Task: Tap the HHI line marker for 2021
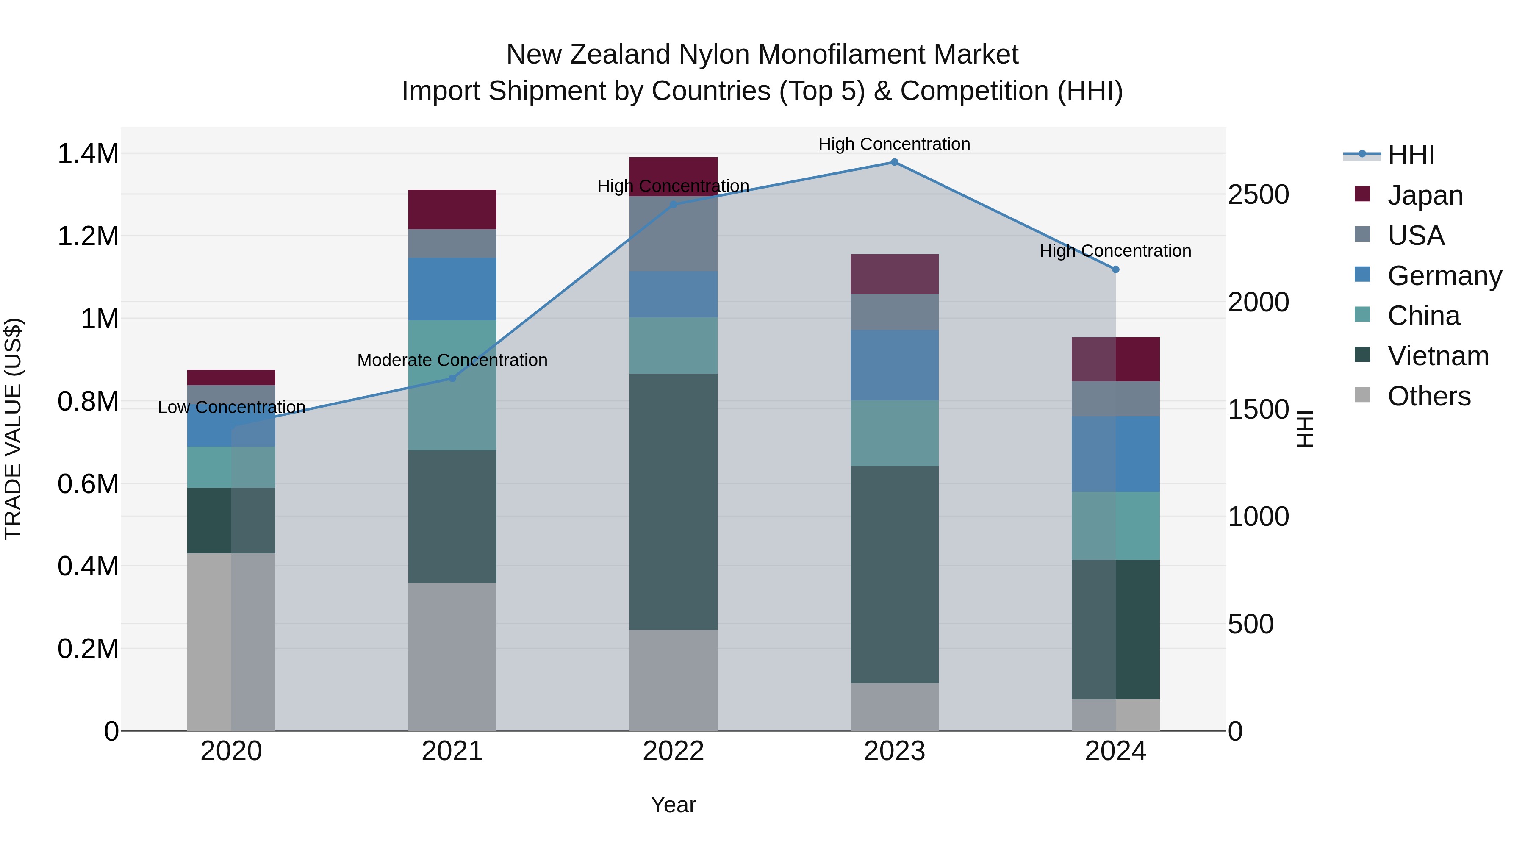[x=452, y=378]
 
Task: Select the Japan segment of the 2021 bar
[x=452, y=210]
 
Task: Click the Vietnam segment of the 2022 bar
[x=673, y=502]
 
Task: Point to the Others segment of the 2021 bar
[x=452, y=657]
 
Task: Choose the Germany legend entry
[x=1444, y=276]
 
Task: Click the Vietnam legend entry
[x=1437, y=356]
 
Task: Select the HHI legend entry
[x=1410, y=155]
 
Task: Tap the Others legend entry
[x=1428, y=396]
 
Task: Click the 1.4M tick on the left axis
[x=88, y=154]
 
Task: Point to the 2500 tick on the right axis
[x=1258, y=195]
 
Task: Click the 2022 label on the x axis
[x=673, y=751]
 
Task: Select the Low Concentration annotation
[x=231, y=407]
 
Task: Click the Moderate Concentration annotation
[x=452, y=360]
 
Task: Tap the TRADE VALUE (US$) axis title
[x=13, y=429]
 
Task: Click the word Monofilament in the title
[x=840, y=55]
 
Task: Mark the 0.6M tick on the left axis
[x=88, y=484]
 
